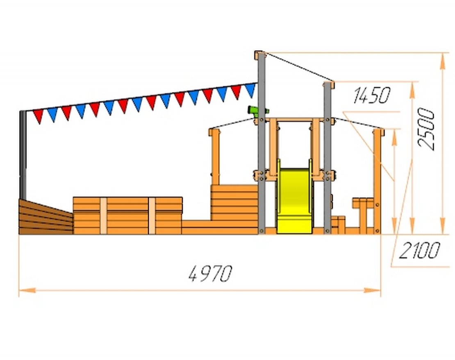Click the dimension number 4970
[x=210, y=273]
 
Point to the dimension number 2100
[x=419, y=250]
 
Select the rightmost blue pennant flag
[x=250, y=90]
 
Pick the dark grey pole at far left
[x=23, y=155]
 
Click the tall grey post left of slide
[x=262, y=144]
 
